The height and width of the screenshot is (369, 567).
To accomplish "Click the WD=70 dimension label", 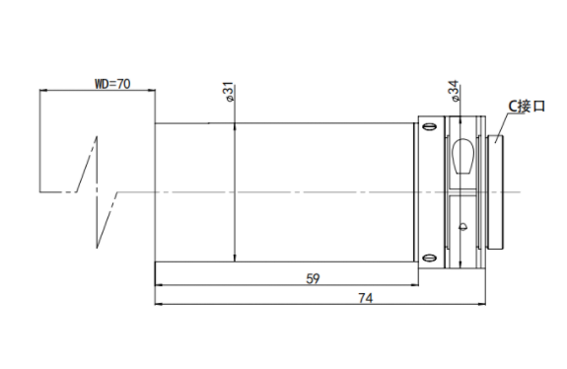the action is pyautogui.click(x=112, y=84).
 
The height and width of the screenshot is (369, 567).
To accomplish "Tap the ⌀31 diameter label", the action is pyautogui.click(x=230, y=93).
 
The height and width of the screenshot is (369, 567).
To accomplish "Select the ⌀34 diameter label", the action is pyautogui.click(x=454, y=91).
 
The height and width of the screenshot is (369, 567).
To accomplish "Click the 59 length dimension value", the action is pyautogui.click(x=313, y=279).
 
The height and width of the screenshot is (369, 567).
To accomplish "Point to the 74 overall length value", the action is pyautogui.click(x=366, y=298).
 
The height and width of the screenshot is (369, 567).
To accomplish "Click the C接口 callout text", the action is pyautogui.click(x=527, y=107).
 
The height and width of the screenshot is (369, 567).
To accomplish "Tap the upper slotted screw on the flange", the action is pyautogui.click(x=430, y=127).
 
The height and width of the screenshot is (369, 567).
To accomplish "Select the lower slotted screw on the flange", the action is pyautogui.click(x=430, y=258).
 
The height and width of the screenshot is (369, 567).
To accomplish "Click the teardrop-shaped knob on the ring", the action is pyautogui.click(x=462, y=157).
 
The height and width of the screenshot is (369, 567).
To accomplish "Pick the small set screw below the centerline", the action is pyautogui.click(x=462, y=227).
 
